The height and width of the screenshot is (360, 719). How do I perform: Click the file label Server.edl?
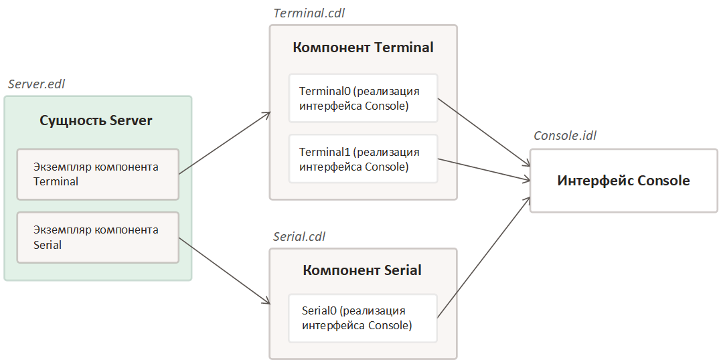[x=37, y=84]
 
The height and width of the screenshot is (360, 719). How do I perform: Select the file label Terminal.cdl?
[x=309, y=13]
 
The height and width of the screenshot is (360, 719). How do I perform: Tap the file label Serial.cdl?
[x=300, y=238]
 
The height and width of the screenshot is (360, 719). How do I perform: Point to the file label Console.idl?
[x=564, y=136]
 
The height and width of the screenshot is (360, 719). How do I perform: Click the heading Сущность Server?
[x=96, y=121]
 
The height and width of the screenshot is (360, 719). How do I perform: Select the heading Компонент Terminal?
[x=363, y=48]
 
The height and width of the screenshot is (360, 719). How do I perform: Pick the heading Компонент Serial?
[x=362, y=270]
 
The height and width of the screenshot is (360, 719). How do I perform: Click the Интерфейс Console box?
[x=623, y=181]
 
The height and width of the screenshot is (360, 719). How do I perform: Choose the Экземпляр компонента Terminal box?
[x=98, y=174]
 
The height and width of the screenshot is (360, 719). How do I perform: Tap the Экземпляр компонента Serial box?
[x=98, y=238]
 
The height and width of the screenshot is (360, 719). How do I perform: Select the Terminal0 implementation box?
[x=363, y=98]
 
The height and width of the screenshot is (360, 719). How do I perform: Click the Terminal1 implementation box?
[x=363, y=159]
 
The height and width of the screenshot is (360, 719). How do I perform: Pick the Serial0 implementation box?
[x=363, y=318]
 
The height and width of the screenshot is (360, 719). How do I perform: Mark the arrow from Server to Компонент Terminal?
[x=224, y=143]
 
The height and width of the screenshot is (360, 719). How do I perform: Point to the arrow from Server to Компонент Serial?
[x=224, y=271]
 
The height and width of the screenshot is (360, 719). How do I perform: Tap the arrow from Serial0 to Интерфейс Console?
[x=482, y=258]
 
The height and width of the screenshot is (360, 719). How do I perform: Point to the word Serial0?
[x=319, y=311]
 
